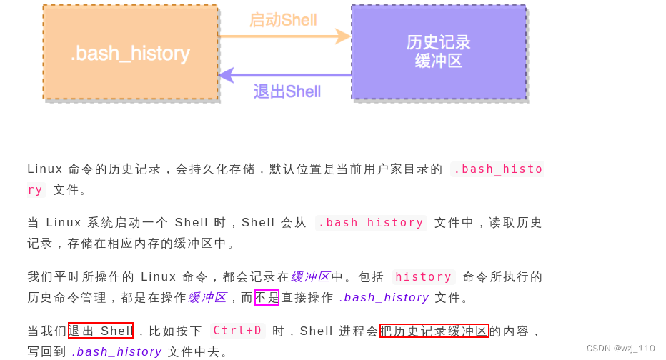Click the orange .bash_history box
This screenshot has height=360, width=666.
[x=130, y=52]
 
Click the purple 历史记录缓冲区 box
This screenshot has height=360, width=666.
[x=438, y=51]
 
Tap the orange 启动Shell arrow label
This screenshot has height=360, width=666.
[x=283, y=20]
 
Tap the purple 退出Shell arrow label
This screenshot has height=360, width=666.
[x=287, y=91]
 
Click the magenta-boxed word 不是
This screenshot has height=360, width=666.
[x=267, y=297]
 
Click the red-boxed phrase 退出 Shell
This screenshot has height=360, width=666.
[x=101, y=331]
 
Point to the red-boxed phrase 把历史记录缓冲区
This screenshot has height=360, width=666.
[x=434, y=331]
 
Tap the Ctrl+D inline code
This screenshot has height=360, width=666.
[x=237, y=331]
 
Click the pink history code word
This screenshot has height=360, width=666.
[x=424, y=276]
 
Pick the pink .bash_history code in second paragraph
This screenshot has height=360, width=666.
[x=371, y=222]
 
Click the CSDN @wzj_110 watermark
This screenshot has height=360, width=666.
[x=620, y=349]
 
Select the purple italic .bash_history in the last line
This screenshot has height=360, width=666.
[x=116, y=351]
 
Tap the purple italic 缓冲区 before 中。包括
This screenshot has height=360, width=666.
[x=310, y=276]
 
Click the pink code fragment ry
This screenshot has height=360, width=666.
[x=35, y=189]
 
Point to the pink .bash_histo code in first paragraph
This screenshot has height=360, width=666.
[x=498, y=169]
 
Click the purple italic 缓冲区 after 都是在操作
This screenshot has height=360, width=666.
[x=207, y=297]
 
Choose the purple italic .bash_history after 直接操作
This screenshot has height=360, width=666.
[x=384, y=297]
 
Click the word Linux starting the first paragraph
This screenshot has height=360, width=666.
[x=44, y=169]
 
